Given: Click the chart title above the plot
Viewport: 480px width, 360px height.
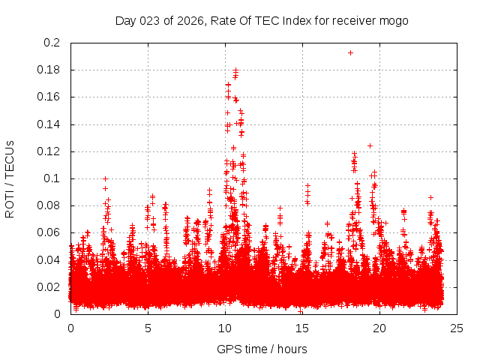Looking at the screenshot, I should pos(261,20).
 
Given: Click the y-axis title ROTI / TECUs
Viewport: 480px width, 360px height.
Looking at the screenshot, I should pos(10,178).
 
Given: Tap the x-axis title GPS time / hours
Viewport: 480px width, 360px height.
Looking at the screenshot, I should pos(261,349).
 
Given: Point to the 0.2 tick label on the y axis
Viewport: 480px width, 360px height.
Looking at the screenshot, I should pos(52,43).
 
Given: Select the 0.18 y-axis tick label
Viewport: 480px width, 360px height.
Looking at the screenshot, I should pos(49,70).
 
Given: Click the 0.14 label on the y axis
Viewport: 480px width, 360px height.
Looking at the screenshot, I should pos(49,124).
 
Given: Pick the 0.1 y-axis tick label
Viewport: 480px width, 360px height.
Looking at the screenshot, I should pos(52,178).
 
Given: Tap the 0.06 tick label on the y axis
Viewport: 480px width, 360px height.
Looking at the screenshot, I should pos(49,232).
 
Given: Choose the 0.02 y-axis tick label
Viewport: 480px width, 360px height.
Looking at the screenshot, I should pos(49,286).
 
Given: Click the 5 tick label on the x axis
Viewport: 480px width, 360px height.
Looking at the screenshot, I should pos(148,328).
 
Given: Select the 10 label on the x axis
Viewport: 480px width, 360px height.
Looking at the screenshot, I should pos(225,328).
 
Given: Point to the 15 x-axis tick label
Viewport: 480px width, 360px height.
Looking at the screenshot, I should pos(303,328).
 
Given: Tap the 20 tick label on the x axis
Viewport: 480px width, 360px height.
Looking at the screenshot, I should pos(380,328).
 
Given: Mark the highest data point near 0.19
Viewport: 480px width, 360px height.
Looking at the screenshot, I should pos(350,52).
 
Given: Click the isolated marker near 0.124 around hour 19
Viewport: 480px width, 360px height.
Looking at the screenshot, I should pos(370,145).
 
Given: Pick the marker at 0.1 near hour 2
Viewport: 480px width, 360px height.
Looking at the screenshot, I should pos(105,178).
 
